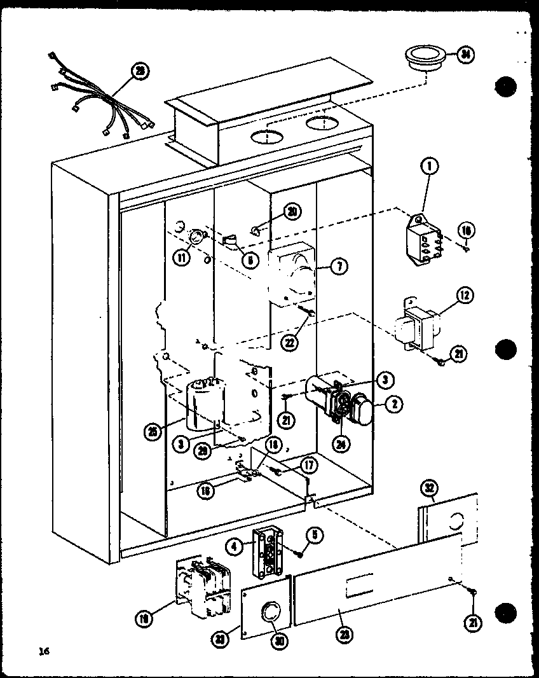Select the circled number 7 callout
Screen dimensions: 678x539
pos(339,266)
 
